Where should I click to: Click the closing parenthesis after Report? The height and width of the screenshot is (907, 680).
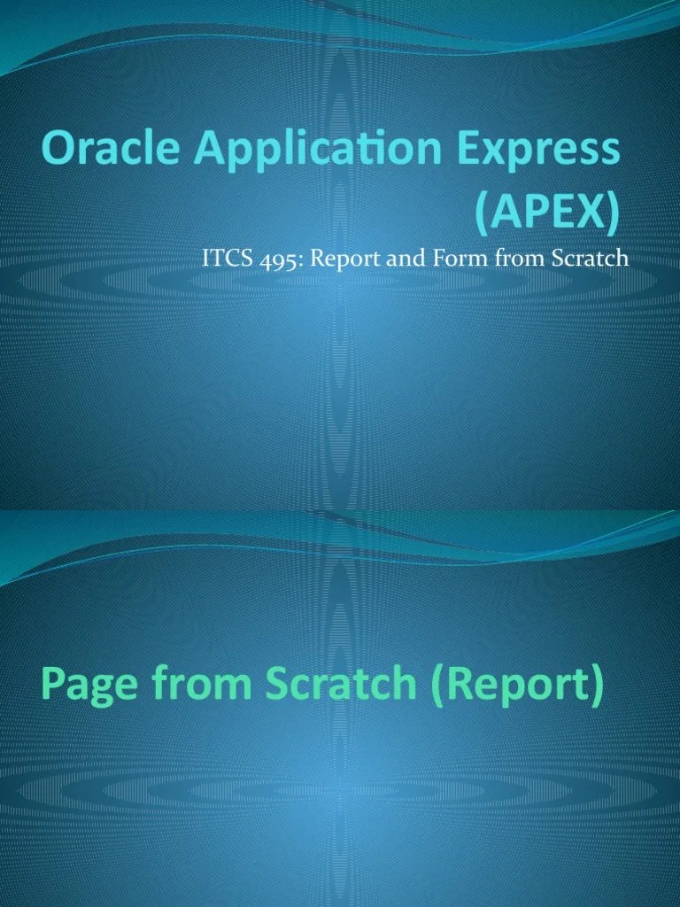tap(598, 687)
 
